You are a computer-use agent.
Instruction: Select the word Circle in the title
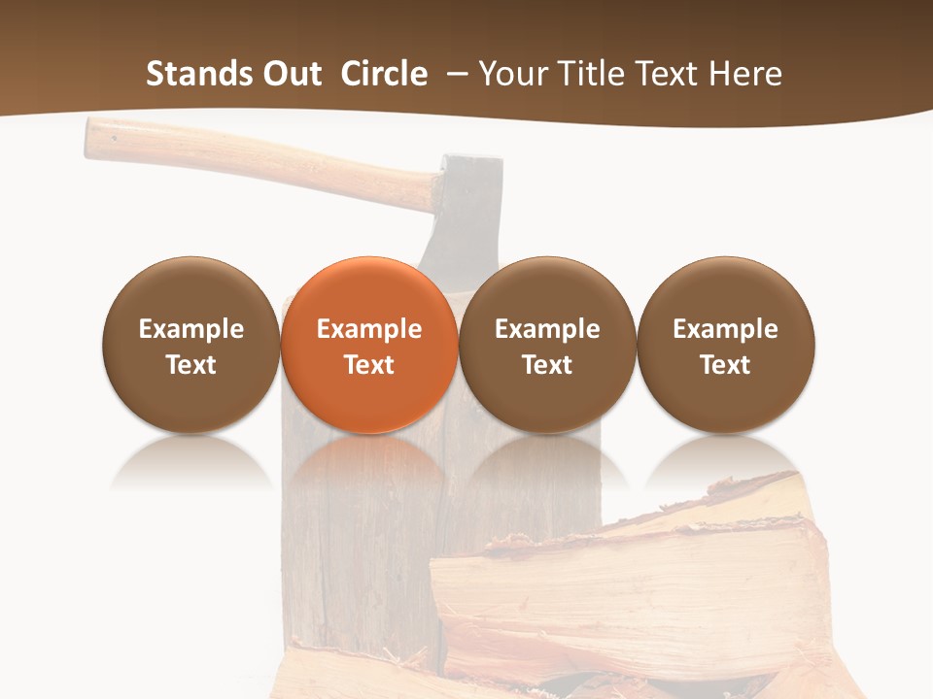pos(384,74)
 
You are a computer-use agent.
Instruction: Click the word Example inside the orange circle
pos(369,329)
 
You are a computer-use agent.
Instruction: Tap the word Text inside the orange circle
pos(369,365)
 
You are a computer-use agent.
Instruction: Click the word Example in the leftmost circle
pos(191,329)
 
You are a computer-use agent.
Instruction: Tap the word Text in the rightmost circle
pos(726,365)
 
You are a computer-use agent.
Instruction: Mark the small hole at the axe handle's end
pos(114,137)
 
